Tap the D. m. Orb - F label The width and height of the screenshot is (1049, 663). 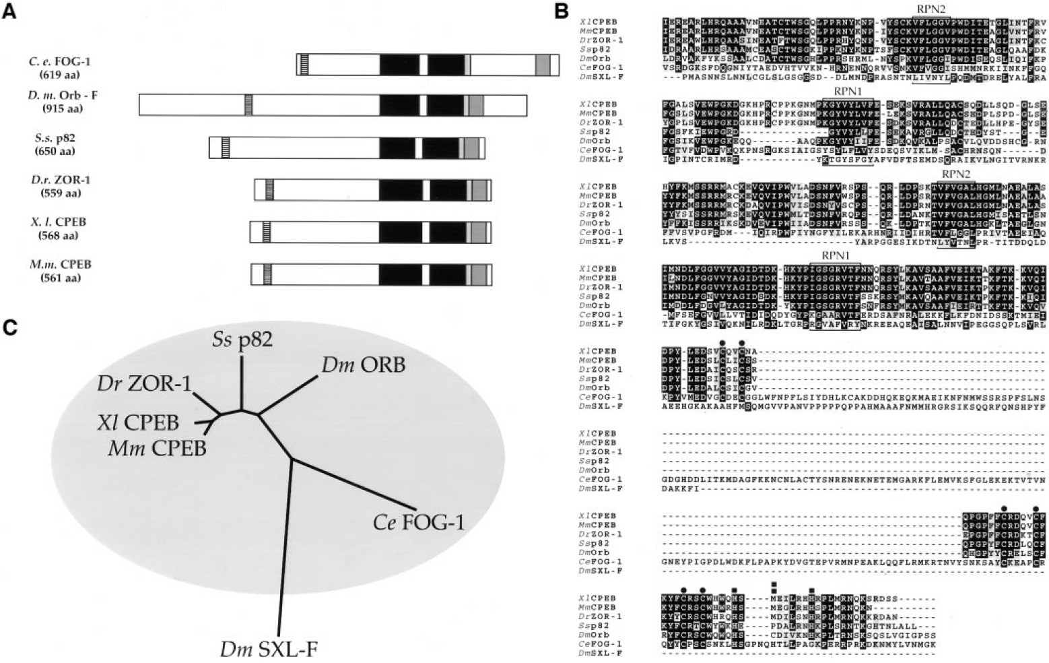pos(63,96)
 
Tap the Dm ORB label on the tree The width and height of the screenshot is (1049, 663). pos(364,366)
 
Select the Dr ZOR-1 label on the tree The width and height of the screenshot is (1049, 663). pos(144,383)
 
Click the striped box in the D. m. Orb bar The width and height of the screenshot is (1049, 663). pos(248,104)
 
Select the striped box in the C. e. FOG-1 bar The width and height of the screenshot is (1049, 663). pos(304,64)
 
